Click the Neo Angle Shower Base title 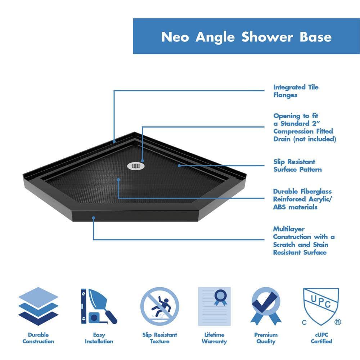pyautogui.click(x=246, y=37)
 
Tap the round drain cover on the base pyautogui.click(x=135, y=166)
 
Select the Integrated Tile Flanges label pyautogui.click(x=296, y=91)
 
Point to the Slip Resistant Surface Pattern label pyautogui.click(x=297, y=166)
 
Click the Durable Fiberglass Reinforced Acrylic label pyautogui.click(x=302, y=199)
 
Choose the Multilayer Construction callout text pyautogui.click(x=303, y=240)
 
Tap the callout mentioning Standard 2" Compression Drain pyautogui.click(x=304, y=127)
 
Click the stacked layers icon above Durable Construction pyautogui.click(x=38, y=306)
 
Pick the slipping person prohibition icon pyautogui.click(x=159, y=306)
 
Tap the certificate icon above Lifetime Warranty pyautogui.click(x=214, y=306)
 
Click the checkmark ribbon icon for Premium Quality pyautogui.click(x=266, y=306)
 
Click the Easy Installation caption pyautogui.click(x=99, y=338)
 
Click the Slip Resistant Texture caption pyautogui.click(x=159, y=338)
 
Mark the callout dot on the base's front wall pyautogui.click(x=94, y=218)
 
